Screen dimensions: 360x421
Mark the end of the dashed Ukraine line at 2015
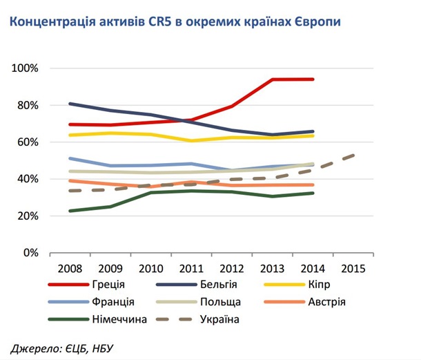pos(355,155)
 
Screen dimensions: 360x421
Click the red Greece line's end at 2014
pos(313,79)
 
